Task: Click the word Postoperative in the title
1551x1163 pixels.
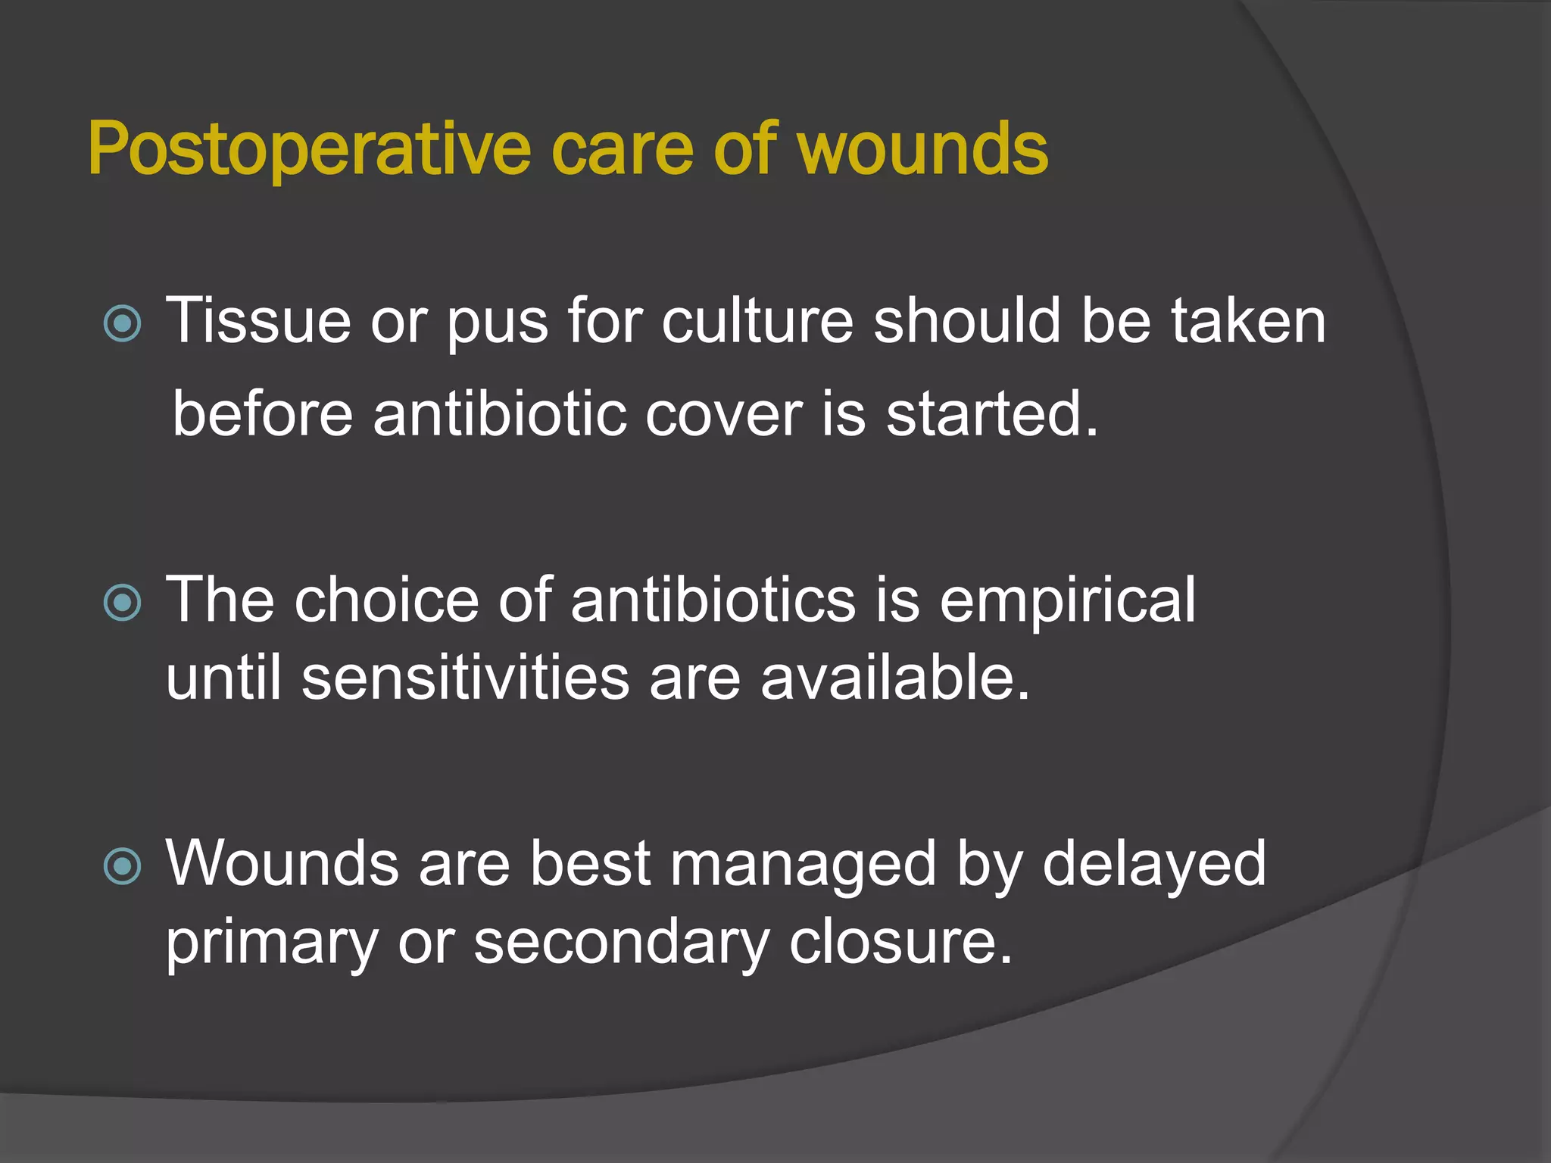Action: (309, 149)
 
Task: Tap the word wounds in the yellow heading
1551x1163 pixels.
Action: (923, 149)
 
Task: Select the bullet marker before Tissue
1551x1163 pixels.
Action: (122, 324)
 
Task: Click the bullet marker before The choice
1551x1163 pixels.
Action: (122, 603)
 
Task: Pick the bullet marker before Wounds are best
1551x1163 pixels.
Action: (122, 866)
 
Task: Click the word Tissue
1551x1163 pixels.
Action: (258, 321)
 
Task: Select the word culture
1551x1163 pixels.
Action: (757, 321)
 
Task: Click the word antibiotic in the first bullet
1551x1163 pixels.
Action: (499, 414)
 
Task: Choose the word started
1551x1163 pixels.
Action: (991, 414)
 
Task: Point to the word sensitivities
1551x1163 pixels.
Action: (465, 678)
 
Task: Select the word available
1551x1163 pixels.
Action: (894, 678)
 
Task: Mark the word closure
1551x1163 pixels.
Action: (900, 943)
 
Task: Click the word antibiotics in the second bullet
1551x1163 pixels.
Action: (713, 600)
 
